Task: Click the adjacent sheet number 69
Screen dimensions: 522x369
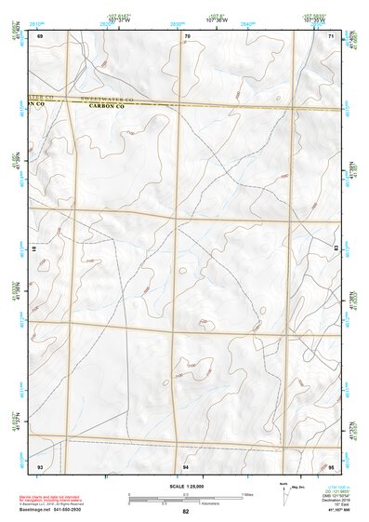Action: tap(40, 35)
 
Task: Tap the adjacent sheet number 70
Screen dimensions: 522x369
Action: tap(187, 35)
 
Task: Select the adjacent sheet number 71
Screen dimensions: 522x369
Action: tap(331, 35)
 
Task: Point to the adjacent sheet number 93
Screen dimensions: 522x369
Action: tap(40, 465)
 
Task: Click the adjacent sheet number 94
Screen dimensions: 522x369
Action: tap(187, 465)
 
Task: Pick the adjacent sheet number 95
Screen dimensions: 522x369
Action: tap(331, 465)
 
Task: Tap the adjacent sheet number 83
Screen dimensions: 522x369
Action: tap(336, 248)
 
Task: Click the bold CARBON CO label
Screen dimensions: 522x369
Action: tap(108, 106)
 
